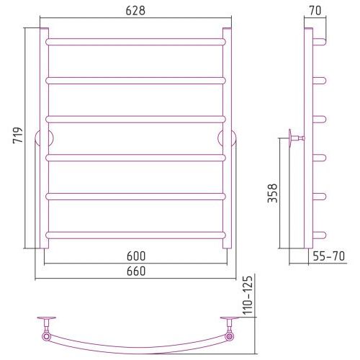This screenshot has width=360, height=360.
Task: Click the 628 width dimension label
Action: coord(135,11)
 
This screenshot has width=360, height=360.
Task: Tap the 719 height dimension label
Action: coord(18,135)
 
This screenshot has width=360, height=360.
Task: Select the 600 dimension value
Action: coord(136,256)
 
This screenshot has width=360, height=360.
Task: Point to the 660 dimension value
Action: coord(136,271)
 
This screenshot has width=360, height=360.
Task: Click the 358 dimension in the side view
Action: coord(273,193)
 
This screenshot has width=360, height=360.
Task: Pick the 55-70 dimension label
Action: coord(329,256)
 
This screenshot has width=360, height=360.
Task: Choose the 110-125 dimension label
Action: coord(248,295)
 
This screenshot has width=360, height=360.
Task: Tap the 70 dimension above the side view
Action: coord(315,11)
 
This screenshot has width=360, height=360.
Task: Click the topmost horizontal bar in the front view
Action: coord(135,42)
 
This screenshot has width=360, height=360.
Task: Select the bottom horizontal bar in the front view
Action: coord(135,235)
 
